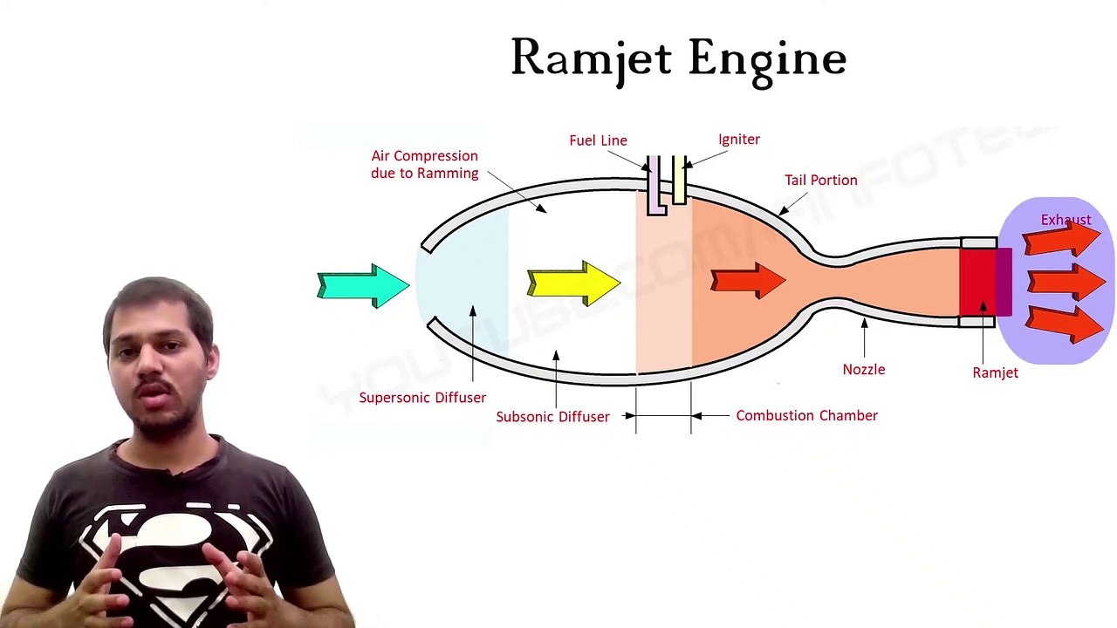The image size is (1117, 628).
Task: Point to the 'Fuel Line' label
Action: pos(598,140)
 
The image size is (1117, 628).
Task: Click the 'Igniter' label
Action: pos(738,140)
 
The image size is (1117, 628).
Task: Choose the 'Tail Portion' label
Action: pos(820,181)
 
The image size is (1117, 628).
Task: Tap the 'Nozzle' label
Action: pos(863,370)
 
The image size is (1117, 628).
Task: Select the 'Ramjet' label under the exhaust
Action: pos(995,373)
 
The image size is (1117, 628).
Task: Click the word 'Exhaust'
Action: pos(1066,220)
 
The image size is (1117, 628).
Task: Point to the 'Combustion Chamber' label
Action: pos(806,416)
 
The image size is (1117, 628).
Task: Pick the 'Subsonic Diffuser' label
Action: pos(552,417)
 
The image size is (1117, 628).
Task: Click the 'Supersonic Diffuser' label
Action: pos(422,398)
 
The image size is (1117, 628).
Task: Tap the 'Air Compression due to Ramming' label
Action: pos(424,165)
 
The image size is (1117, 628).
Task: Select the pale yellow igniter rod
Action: pos(679,181)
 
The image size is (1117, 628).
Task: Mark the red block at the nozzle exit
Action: pos(977,281)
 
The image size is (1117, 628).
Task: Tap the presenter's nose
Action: pos(154,366)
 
